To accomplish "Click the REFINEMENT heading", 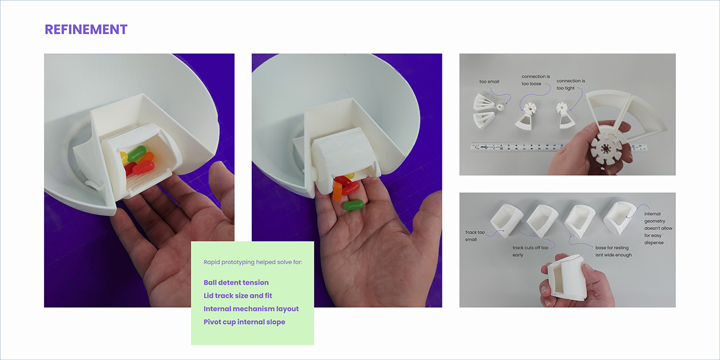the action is pos(86,29).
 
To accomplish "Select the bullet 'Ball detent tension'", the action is pos(236,282).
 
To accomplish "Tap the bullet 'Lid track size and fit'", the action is pos(238,296).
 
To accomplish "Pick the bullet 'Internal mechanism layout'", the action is pos(251,309).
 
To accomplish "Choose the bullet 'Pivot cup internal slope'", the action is pos(244,322).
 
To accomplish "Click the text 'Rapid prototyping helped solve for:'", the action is pos(252,262).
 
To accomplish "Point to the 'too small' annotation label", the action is pos(489,82).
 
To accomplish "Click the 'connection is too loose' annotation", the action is pos(535,80).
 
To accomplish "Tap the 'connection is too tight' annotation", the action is pos(571,85).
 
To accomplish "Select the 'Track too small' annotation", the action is pos(475,236).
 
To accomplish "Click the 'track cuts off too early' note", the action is pos(531,251).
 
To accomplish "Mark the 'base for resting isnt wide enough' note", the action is pos(614,251).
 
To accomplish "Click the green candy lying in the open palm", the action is pos(353,205).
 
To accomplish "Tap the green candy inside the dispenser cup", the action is pos(137,154).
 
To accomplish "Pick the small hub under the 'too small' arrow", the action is pos(499,108).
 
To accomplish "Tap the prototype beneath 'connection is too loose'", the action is pos(526,116).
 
